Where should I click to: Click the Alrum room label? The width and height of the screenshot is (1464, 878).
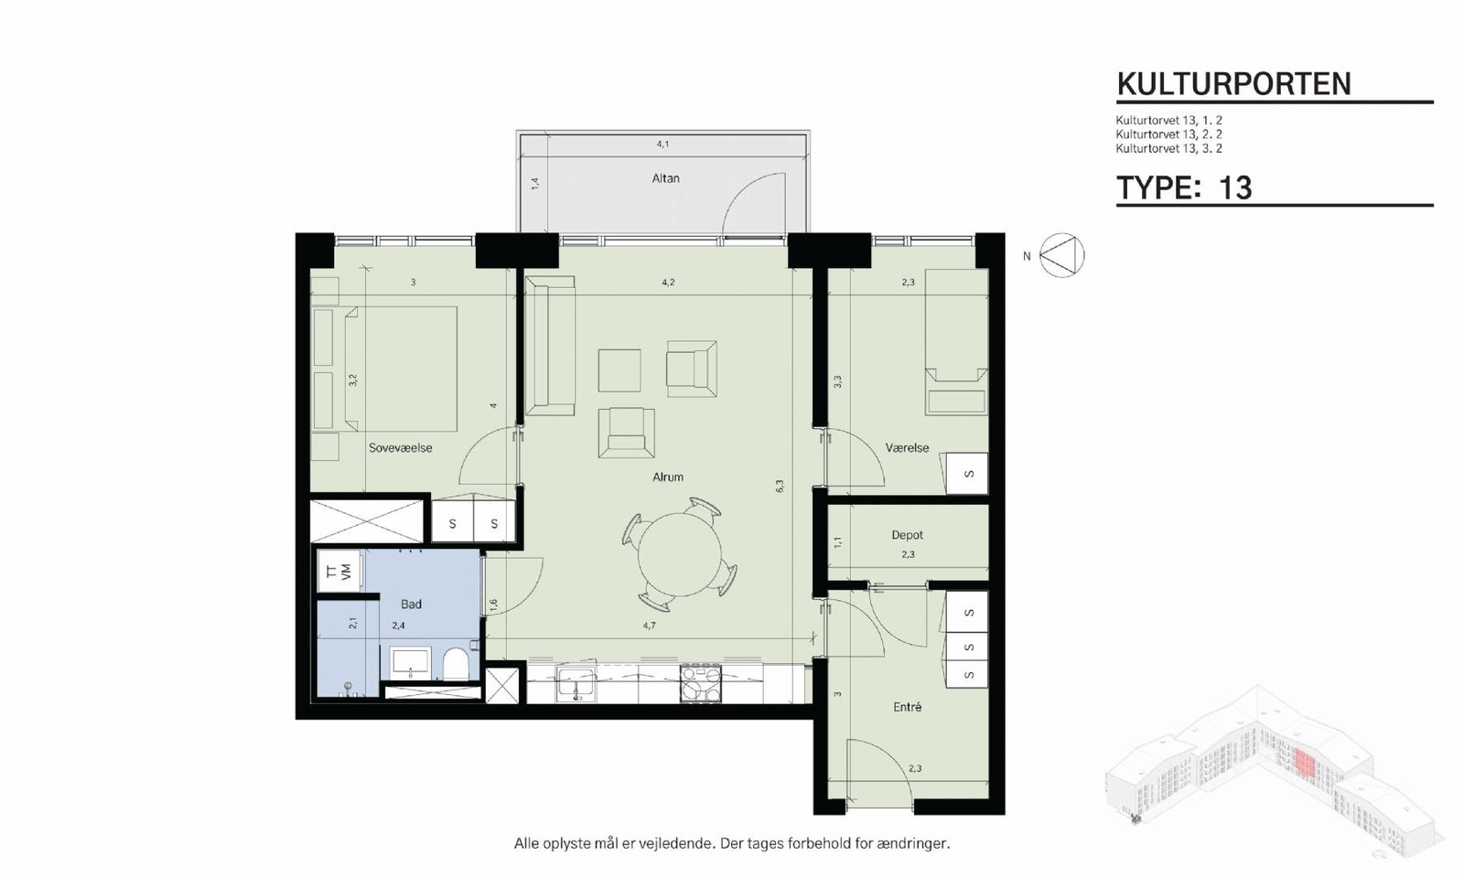667,477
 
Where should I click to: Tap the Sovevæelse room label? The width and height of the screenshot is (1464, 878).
400,448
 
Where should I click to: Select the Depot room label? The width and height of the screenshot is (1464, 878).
907,535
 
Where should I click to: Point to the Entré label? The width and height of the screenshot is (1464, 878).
907,707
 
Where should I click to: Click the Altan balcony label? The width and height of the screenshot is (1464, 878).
665,178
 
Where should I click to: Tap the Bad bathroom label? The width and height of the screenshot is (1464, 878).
411,605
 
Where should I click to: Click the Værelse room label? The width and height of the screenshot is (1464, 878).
907,448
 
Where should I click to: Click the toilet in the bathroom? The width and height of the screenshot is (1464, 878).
456,664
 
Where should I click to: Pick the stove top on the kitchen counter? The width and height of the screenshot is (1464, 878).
700,684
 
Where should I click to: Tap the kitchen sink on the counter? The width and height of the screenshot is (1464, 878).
576,684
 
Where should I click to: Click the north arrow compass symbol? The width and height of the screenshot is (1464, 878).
1061,255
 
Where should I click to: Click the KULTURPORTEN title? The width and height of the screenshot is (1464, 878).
1234,84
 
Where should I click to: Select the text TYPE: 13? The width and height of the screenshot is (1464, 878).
1184,188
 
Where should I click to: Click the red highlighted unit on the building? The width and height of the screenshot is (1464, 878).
1304,762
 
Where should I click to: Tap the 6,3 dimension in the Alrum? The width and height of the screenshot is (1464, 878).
779,486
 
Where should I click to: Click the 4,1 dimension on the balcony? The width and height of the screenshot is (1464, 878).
662,144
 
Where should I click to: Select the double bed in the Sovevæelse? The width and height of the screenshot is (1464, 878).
401,369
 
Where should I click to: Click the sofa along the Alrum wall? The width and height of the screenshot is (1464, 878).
550,346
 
